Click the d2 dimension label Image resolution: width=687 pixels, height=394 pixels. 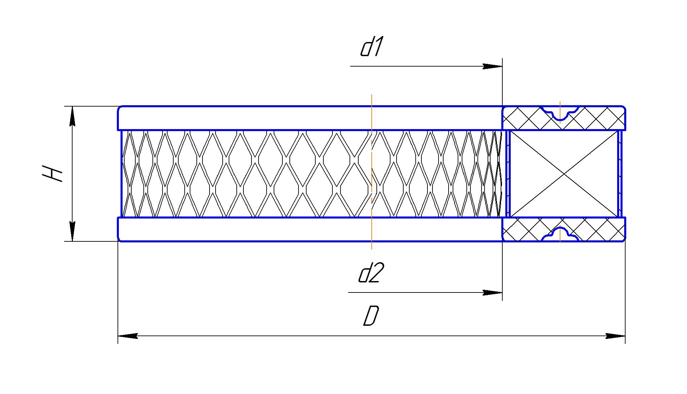pyautogui.click(x=369, y=273)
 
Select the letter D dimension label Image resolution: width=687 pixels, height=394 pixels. pyautogui.click(x=371, y=316)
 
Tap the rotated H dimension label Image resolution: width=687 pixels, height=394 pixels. pyautogui.click(x=53, y=173)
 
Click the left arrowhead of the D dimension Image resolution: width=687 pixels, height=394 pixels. pyautogui.click(x=128, y=336)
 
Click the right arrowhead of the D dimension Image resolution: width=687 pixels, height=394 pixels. pyautogui.click(x=615, y=336)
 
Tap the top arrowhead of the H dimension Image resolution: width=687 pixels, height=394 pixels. pyautogui.click(x=72, y=116)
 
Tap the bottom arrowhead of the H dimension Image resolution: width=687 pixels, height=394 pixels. pyautogui.click(x=72, y=231)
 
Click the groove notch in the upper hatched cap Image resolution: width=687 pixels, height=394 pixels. pyautogui.click(x=560, y=114)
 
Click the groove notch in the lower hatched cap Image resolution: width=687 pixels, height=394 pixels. pyautogui.click(x=560, y=233)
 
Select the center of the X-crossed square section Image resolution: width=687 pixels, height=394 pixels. pyautogui.click(x=564, y=174)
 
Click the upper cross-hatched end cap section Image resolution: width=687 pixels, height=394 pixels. pyautogui.click(x=524, y=118)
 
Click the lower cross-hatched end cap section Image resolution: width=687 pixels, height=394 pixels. pyautogui.click(x=524, y=229)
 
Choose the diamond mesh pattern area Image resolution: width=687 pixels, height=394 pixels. pyautogui.click(x=269, y=174)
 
